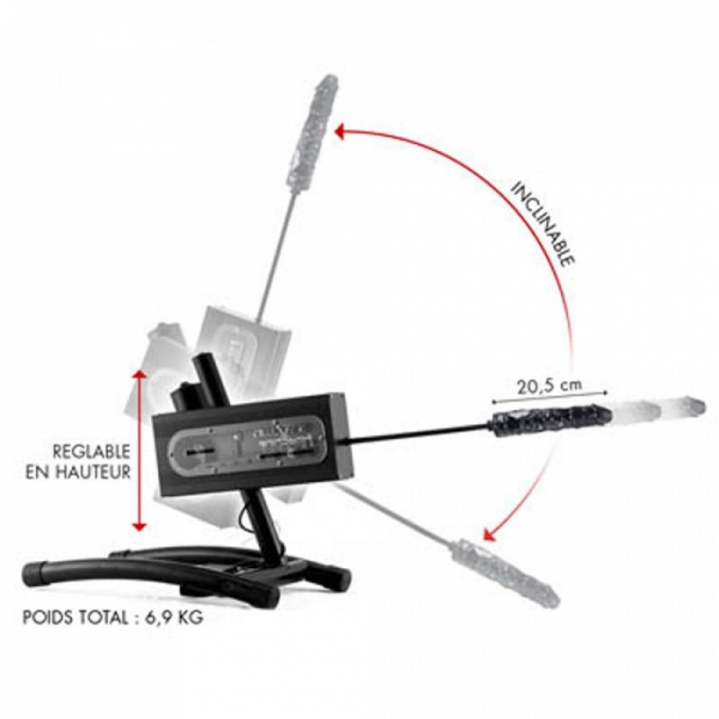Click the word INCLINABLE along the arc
542,224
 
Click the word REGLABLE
91,452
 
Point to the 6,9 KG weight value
174,618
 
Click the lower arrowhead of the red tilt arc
490,533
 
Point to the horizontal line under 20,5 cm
549,397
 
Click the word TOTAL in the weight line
104,617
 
